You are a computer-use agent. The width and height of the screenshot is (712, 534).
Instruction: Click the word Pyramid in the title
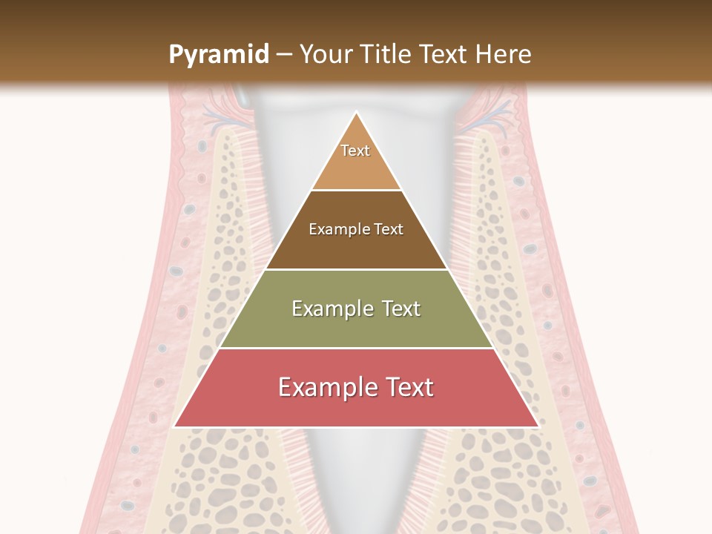coord(219,55)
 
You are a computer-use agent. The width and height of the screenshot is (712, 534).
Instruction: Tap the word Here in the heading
coord(504,55)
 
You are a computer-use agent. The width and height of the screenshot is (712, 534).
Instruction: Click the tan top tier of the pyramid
coord(356,167)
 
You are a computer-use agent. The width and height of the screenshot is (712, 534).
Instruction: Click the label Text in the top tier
coord(355,151)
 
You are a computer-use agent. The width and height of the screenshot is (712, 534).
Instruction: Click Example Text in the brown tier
coord(356,229)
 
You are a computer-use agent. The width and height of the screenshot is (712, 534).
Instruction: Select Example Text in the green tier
coord(356,309)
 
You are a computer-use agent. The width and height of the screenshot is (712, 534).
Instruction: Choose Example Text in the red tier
coord(356,387)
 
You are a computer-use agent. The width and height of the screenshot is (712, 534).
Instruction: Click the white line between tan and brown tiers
coord(356,190)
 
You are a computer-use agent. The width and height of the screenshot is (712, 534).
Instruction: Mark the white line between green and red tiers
coord(356,348)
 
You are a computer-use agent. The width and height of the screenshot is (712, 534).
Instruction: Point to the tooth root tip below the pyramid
coord(356,512)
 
